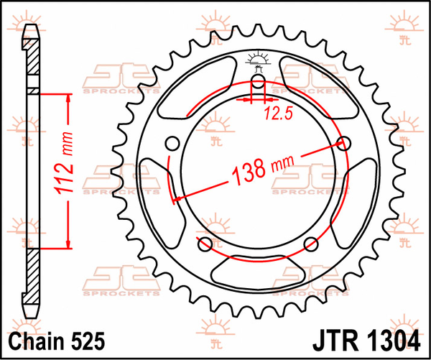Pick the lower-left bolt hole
click(204, 241)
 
